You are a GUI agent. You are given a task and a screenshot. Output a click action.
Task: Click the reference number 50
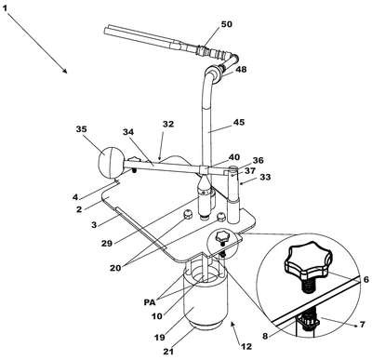pos(226,24)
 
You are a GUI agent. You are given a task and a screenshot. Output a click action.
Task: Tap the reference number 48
pos(241,69)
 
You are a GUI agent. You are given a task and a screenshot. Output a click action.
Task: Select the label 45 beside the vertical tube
pos(238,123)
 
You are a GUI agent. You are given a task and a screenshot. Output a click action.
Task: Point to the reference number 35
pos(82,129)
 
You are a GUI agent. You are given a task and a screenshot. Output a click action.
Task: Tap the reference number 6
pos(365,280)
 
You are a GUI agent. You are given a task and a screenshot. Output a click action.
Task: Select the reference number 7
pos(362,325)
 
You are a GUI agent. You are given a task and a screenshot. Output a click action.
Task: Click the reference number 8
pos(265,336)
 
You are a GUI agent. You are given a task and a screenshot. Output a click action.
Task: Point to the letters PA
pos(150,301)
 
